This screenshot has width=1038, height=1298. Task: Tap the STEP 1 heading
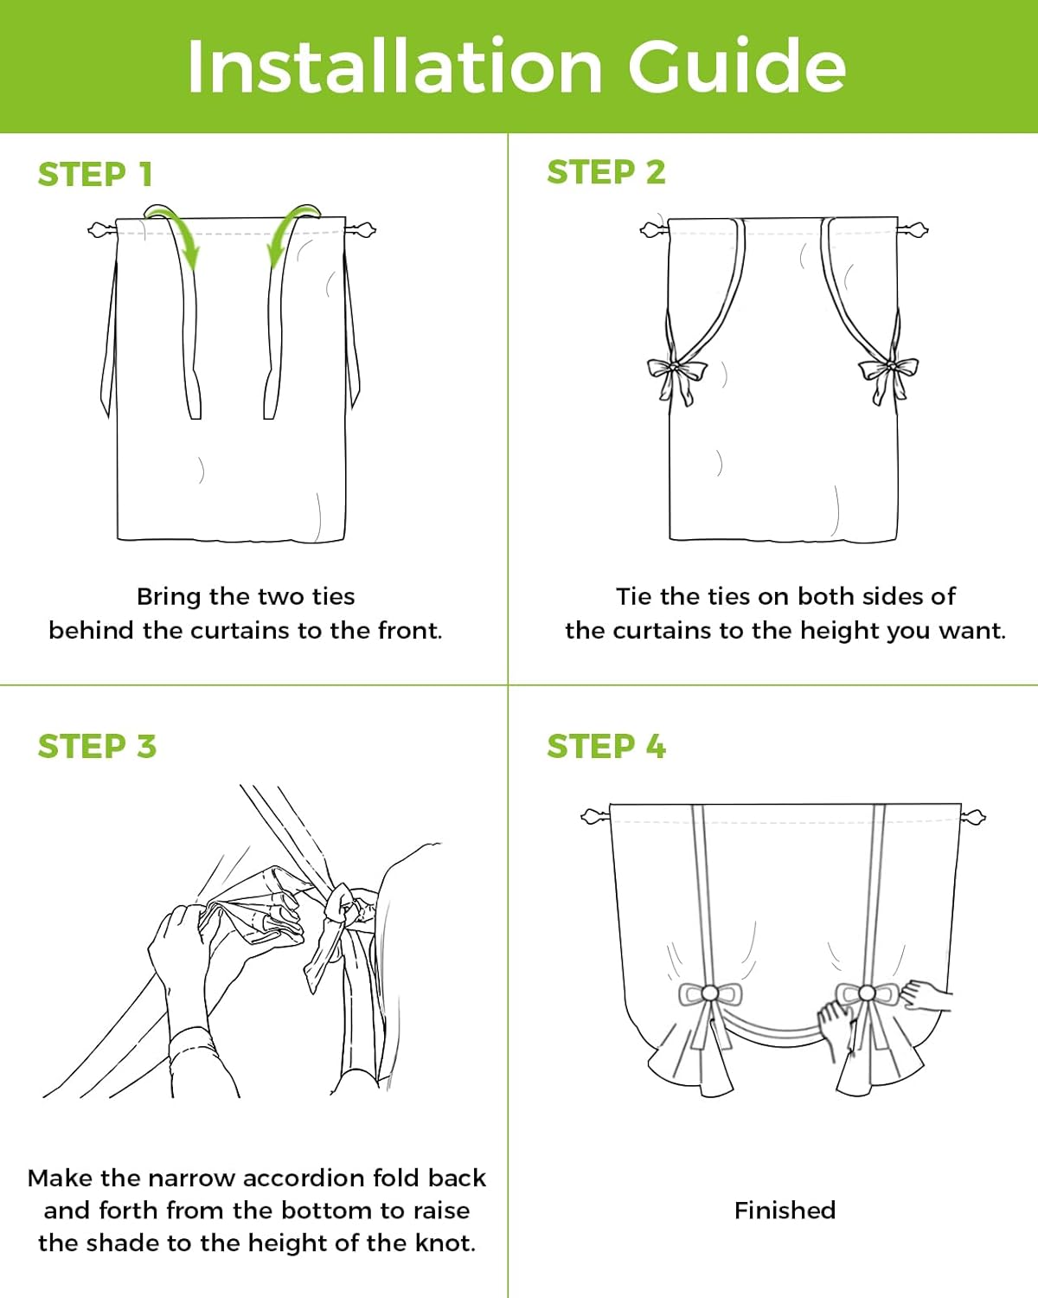tap(94, 174)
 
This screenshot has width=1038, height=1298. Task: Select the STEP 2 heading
tap(606, 172)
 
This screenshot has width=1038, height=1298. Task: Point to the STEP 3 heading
tap(97, 746)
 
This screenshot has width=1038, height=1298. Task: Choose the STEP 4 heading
tap(606, 746)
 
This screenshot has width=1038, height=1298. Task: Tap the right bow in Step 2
tap(888, 377)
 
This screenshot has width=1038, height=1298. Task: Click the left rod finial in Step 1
tap(100, 230)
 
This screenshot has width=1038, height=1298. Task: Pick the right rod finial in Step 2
tap(913, 230)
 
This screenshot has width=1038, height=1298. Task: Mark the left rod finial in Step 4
tap(595, 817)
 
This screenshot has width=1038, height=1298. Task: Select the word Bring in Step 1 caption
tap(170, 597)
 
